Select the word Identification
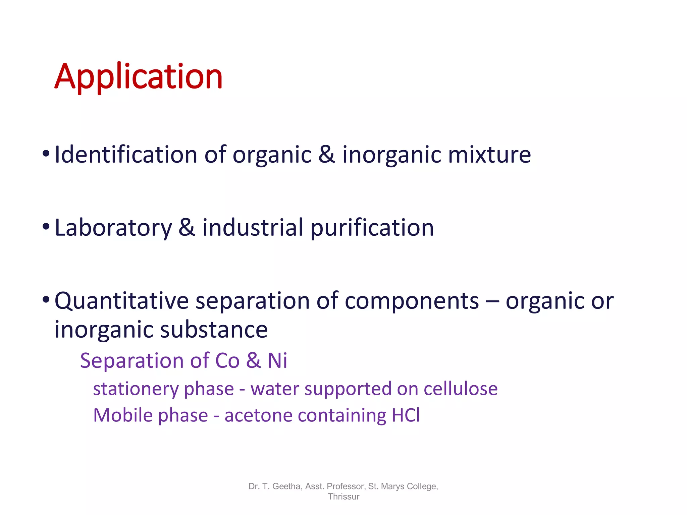coord(126,155)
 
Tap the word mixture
coord(489,155)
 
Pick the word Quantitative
coord(122,301)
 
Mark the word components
coord(412,301)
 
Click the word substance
coord(214,330)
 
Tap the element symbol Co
coord(227,361)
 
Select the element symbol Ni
coord(277,361)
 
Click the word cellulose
coord(460,389)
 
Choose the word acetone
coord(258,415)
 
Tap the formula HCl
coord(406,415)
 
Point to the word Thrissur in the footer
coord(343,497)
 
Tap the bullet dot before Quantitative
coord(46,299)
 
